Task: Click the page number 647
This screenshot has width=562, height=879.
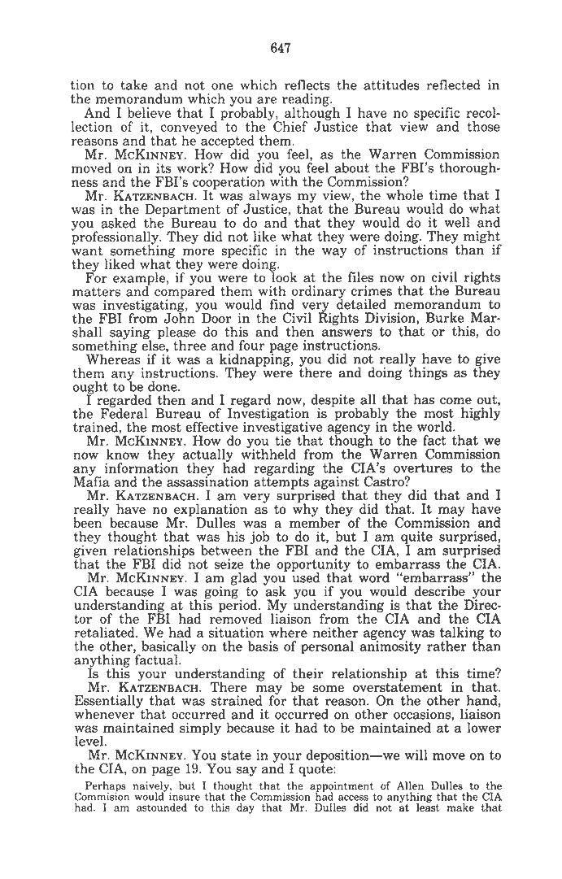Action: click(x=281, y=49)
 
